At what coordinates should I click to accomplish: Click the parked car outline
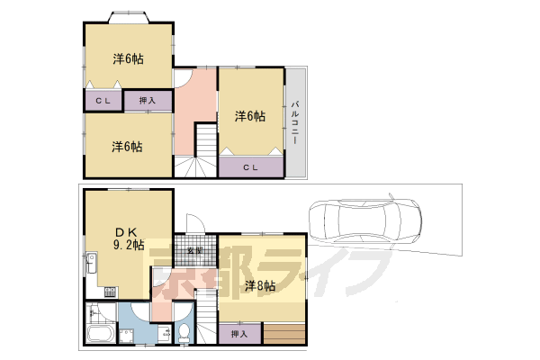[x=365, y=221]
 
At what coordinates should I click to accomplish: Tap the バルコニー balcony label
[x=295, y=122]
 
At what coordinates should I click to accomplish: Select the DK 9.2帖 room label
[x=128, y=238]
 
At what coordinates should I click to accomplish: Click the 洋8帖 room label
[x=260, y=285]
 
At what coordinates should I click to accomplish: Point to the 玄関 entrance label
[x=194, y=250]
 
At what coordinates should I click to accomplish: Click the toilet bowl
[x=184, y=332]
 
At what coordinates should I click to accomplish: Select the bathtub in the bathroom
[x=100, y=334]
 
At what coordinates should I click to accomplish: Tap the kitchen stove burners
[x=111, y=292]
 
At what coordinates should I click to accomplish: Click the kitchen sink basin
[x=91, y=263]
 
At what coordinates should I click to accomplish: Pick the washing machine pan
[x=126, y=336]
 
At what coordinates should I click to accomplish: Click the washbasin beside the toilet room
[x=165, y=334]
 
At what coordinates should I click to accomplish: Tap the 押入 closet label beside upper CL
[x=148, y=101]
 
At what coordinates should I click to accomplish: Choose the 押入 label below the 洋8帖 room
[x=239, y=334]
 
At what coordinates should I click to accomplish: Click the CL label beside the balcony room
[x=250, y=167]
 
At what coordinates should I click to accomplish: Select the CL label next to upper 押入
[x=103, y=101]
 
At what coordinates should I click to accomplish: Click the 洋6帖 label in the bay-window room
[x=128, y=58]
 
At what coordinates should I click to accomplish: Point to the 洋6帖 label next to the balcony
[x=250, y=116]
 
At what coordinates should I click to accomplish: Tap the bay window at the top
[x=129, y=17]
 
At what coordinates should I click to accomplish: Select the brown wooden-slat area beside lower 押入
[x=284, y=334]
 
